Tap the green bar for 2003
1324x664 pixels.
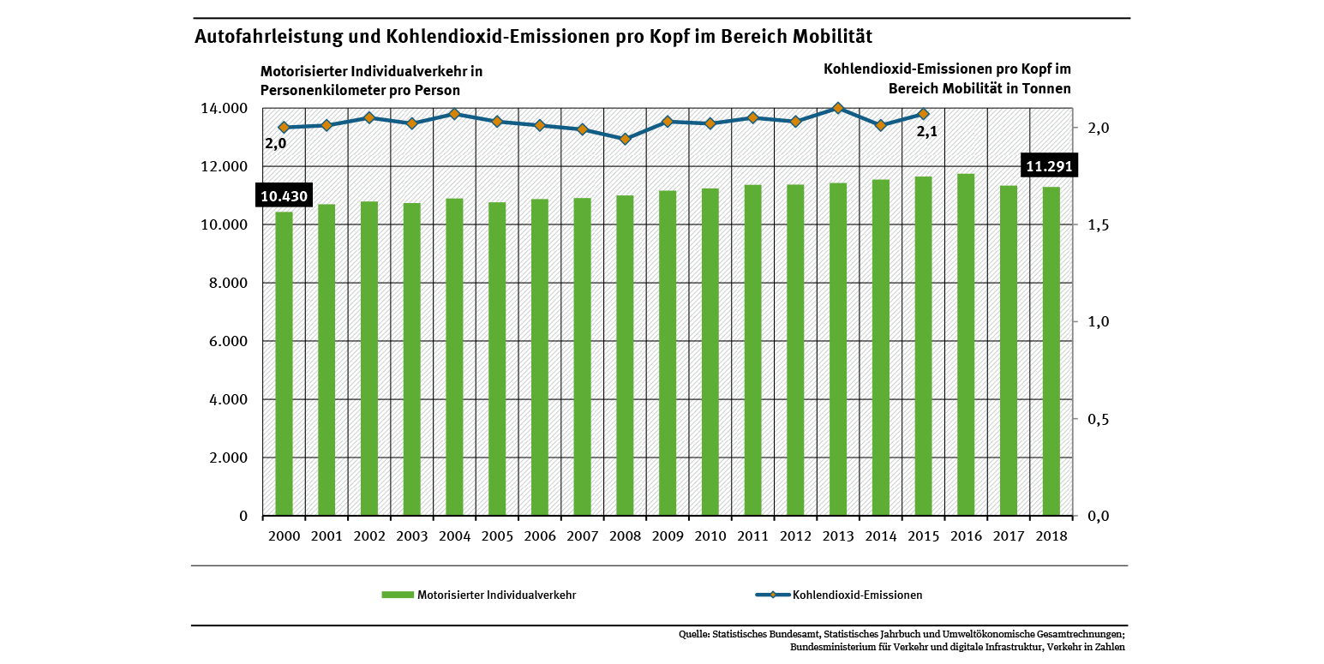point(411,360)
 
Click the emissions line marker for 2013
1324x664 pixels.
point(838,108)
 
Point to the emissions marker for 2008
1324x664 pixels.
point(625,139)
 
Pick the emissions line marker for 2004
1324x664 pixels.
point(454,114)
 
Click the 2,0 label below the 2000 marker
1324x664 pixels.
point(275,144)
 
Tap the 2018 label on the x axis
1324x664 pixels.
point(1051,535)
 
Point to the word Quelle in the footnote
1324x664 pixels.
point(692,635)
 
